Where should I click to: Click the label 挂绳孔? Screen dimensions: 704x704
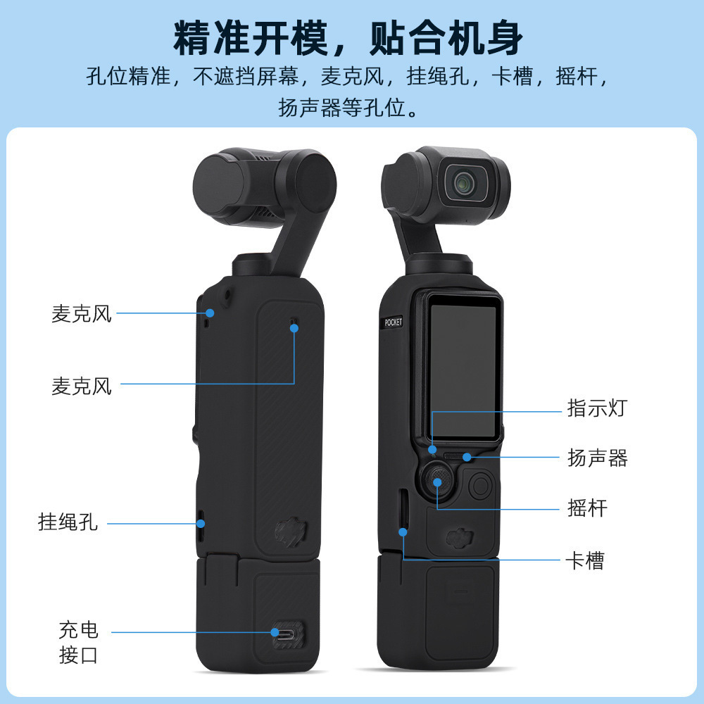pos(68,522)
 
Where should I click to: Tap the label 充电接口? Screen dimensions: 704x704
pos(78,642)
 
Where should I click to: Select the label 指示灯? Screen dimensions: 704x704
pos(596,408)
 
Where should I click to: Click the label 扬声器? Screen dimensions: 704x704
pos(597,458)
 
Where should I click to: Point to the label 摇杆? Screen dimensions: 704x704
pos(587,508)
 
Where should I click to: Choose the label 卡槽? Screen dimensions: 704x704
pos(584,561)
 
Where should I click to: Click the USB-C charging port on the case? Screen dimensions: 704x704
pos(285,631)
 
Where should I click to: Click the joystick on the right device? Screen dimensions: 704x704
pos(437,482)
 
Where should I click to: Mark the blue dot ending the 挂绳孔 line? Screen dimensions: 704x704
pos(201,523)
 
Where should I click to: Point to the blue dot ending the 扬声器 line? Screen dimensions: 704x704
pos(467,458)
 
